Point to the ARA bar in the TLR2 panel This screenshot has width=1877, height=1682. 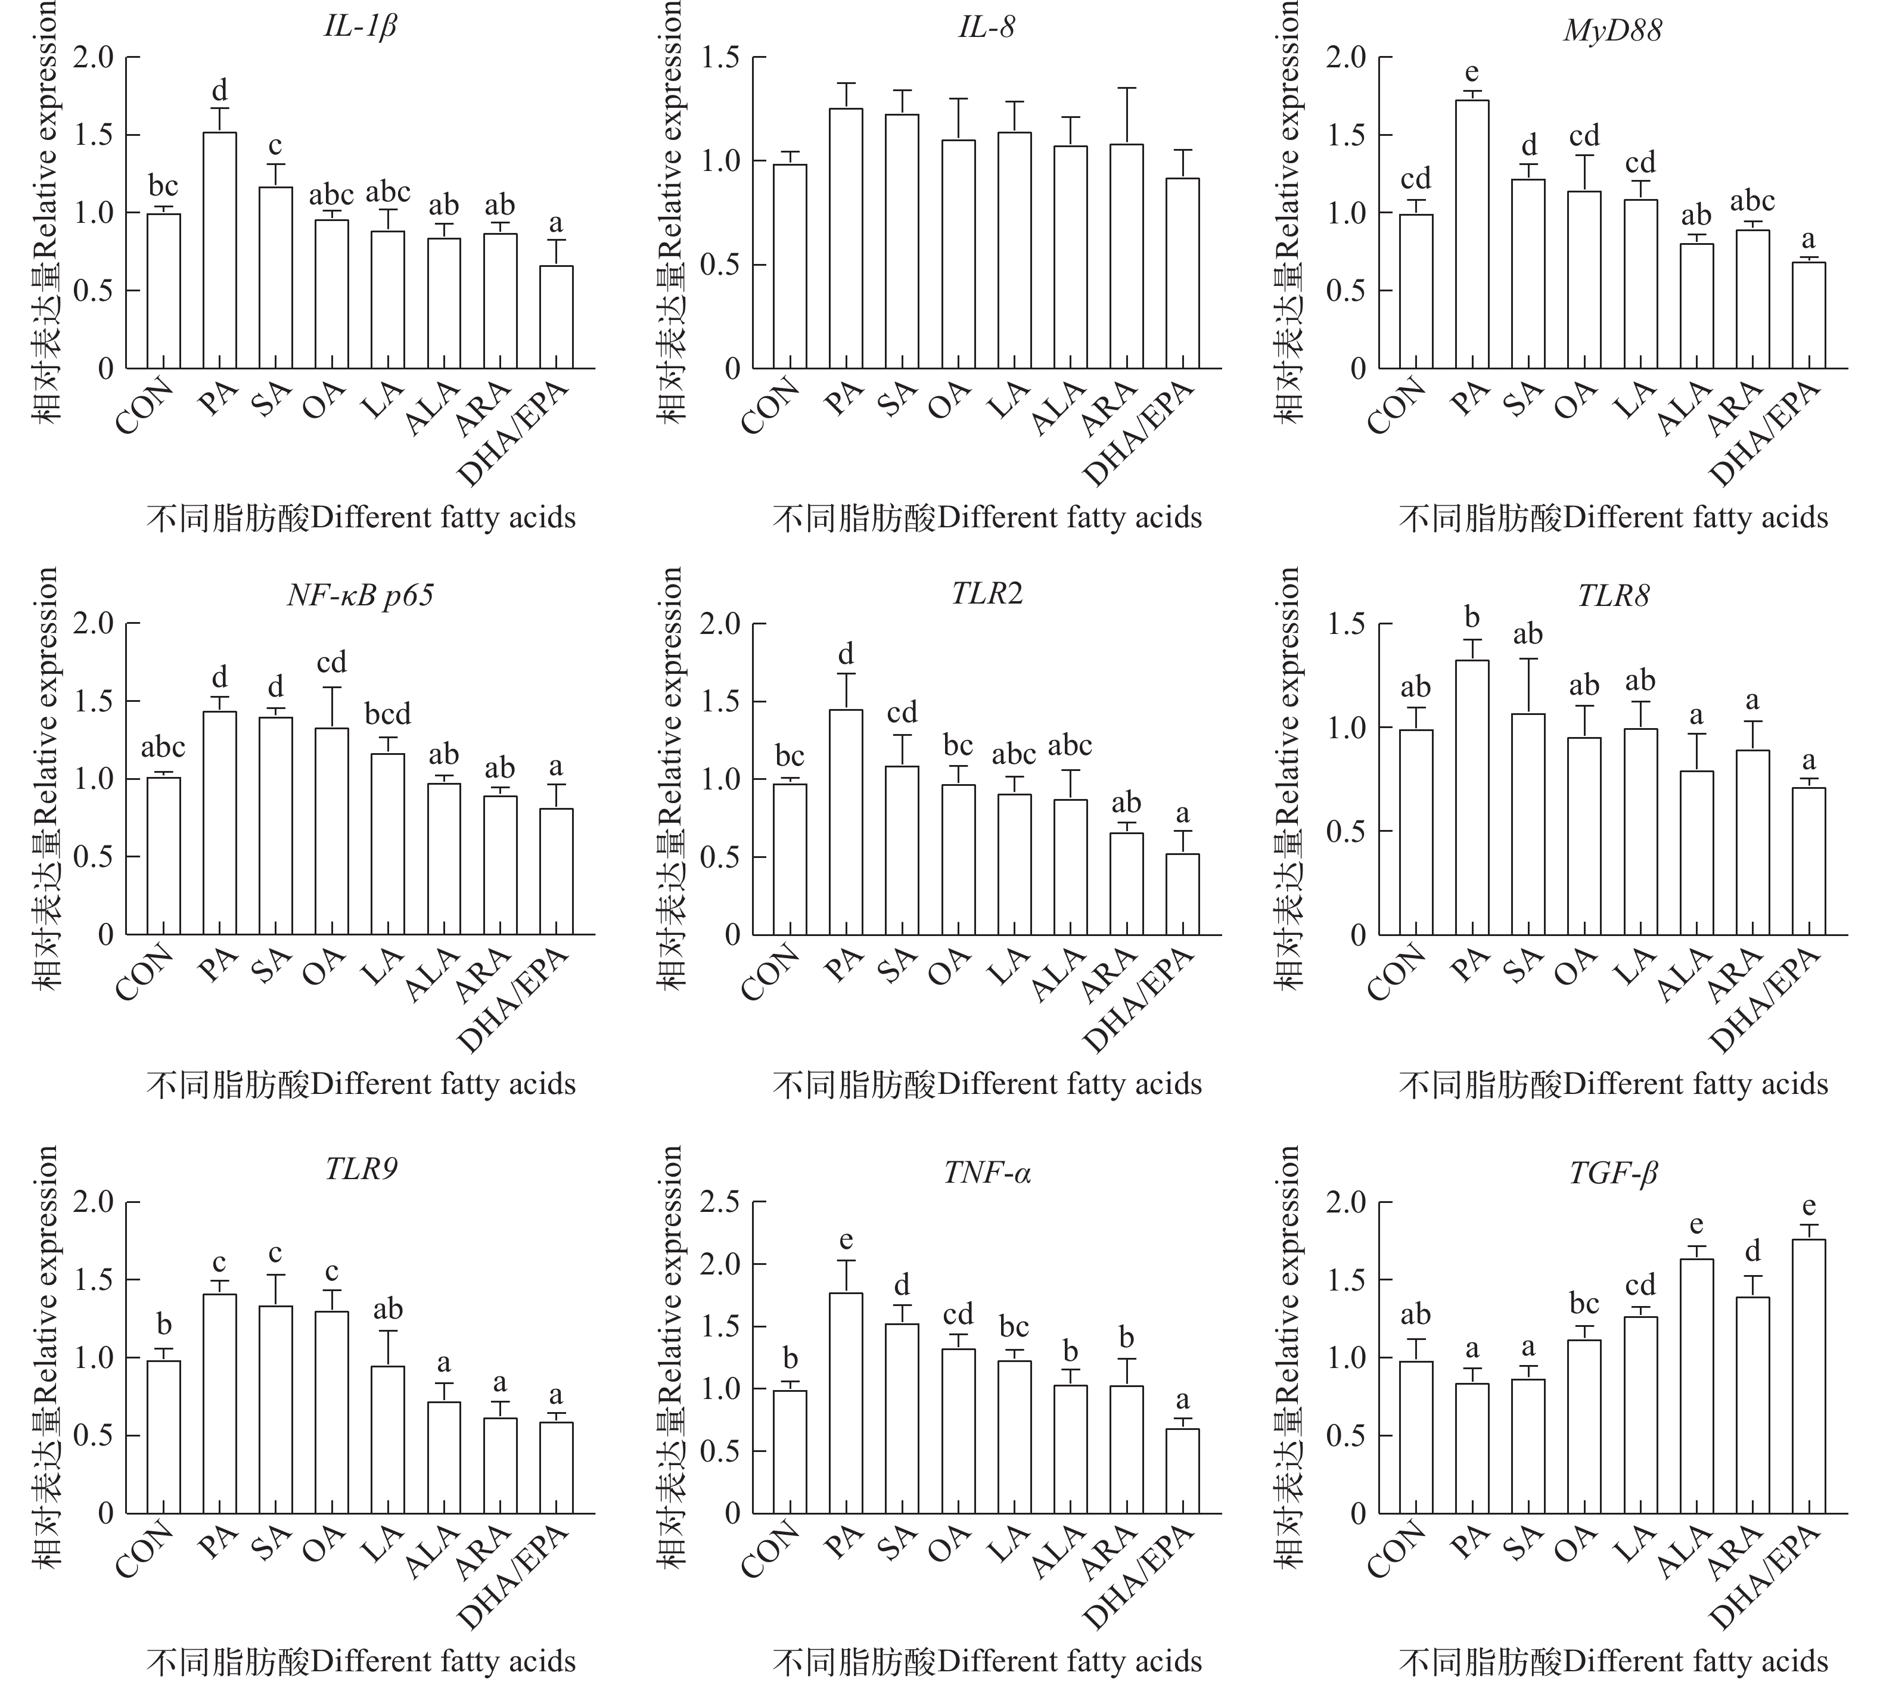click(x=1127, y=884)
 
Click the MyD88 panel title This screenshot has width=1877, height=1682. click(x=1612, y=30)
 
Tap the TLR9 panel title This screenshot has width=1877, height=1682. click(x=361, y=1170)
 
